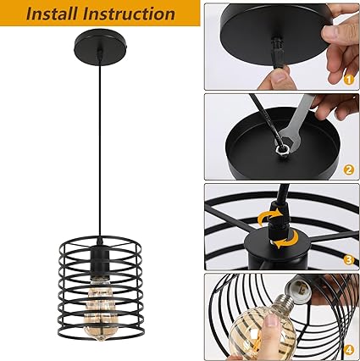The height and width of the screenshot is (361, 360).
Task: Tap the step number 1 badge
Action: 349,80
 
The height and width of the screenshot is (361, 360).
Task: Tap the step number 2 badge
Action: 349,169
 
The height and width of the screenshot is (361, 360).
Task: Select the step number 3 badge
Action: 349,259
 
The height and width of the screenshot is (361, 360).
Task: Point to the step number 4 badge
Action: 349,350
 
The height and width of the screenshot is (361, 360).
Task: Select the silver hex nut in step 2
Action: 281,147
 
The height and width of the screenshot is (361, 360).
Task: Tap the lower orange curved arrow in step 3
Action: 286,239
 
